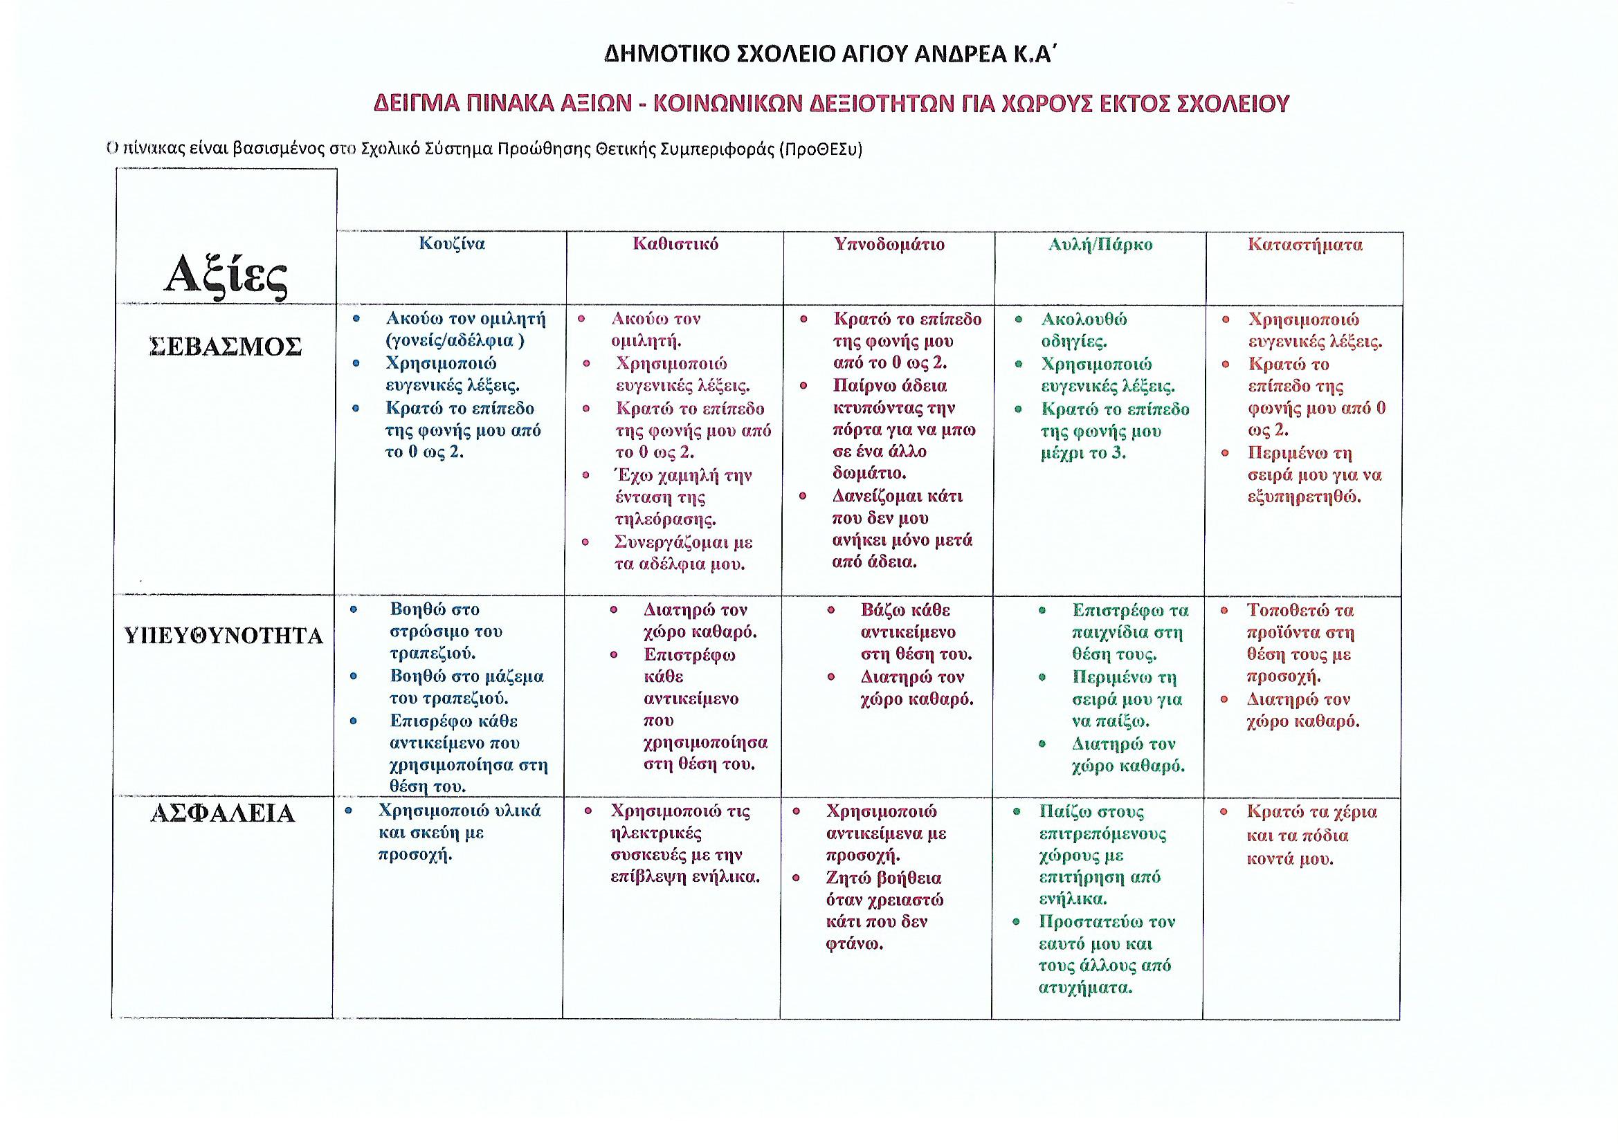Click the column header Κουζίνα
pyautogui.click(x=452, y=243)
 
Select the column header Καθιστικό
pyautogui.click(x=675, y=243)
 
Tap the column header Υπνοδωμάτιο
pyautogui.click(x=889, y=243)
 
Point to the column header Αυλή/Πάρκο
pyautogui.click(x=1100, y=244)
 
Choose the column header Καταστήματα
pyautogui.click(x=1305, y=244)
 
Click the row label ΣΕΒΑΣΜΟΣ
pyautogui.click(x=226, y=347)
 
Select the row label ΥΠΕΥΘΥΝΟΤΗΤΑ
pyautogui.click(x=224, y=636)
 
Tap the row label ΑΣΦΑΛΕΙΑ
pyautogui.click(x=223, y=813)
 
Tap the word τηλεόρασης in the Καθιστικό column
pyautogui.click(x=665, y=520)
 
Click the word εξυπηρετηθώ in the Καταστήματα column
pyautogui.click(x=1304, y=497)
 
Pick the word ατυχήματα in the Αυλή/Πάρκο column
pyautogui.click(x=1085, y=988)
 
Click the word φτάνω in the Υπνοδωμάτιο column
pyautogui.click(x=854, y=944)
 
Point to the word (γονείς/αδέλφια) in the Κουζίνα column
pyautogui.click(x=455, y=341)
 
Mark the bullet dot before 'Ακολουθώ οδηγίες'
pyautogui.click(x=1018, y=320)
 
